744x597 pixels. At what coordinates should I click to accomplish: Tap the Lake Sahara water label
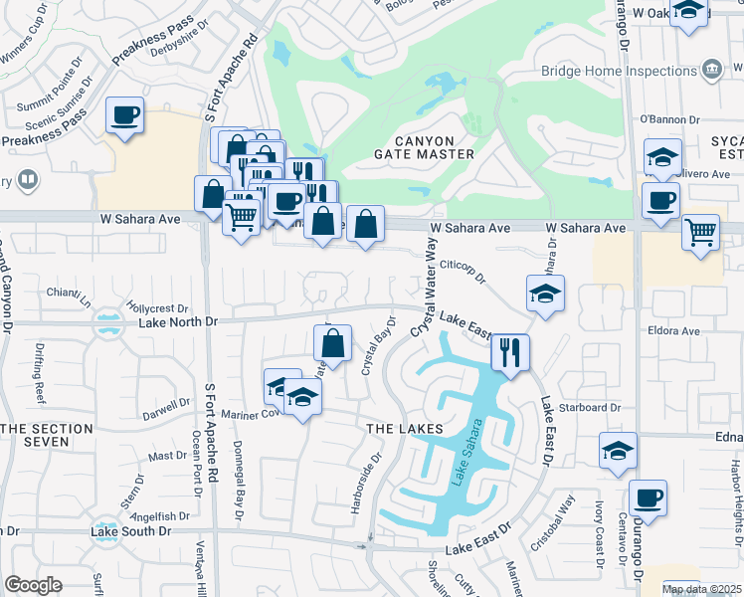click(460, 463)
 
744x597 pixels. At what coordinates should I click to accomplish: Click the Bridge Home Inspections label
click(619, 72)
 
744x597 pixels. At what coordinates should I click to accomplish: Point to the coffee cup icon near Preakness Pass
click(124, 116)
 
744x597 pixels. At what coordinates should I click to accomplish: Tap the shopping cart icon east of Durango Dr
click(700, 233)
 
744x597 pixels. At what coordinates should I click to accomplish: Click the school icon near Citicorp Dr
click(545, 294)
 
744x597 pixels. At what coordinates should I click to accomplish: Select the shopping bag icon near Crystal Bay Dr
click(333, 343)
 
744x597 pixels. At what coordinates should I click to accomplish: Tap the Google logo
click(33, 584)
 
